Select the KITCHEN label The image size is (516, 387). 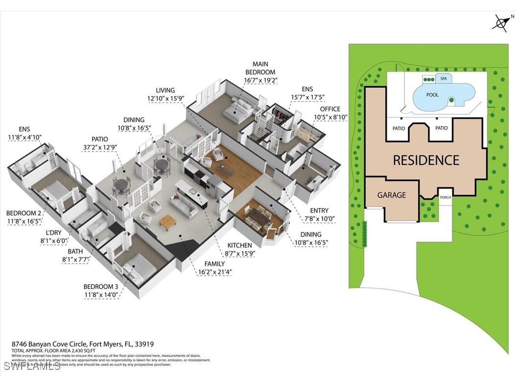coord(239,245)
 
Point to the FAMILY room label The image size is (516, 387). coord(214,264)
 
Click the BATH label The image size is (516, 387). coord(75,251)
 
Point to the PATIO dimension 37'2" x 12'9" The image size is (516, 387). coord(100,147)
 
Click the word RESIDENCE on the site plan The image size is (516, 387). coord(426,160)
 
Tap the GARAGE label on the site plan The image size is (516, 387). coord(391,195)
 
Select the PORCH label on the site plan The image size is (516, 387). coord(445,197)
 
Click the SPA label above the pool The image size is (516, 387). coord(444,78)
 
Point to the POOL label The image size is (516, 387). coord(432,95)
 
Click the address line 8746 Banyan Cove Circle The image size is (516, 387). coord(82,344)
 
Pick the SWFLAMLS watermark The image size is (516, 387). coord(32,366)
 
